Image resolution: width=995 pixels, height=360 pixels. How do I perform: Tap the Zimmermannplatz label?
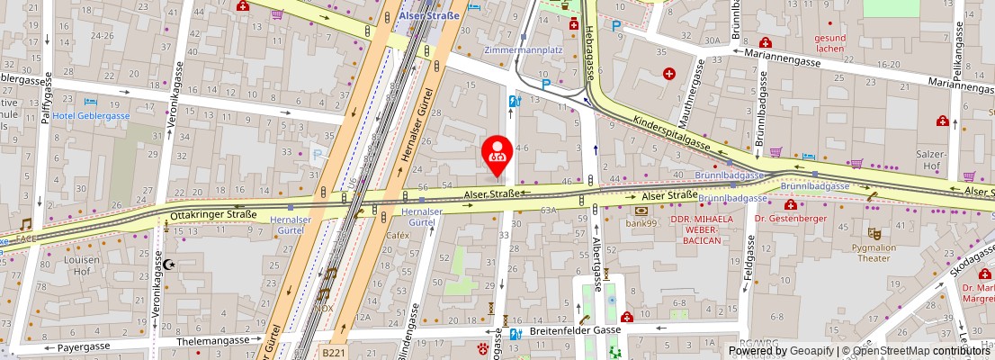pyautogui.click(x=522, y=49)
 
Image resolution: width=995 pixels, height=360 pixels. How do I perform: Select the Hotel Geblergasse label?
pyautogui.click(x=91, y=115)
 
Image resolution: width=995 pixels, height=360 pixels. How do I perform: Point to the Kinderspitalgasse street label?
pyautogui.click(x=672, y=133)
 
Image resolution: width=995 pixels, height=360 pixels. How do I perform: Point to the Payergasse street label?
pyautogui.click(x=84, y=346)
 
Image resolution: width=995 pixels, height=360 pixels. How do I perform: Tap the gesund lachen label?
pyautogui.click(x=829, y=43)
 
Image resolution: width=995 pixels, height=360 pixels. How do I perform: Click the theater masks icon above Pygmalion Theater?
pyautogui.click(x=874, y=232)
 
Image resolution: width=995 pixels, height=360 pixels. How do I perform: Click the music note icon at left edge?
pyautogui.click(x=25, y=224)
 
